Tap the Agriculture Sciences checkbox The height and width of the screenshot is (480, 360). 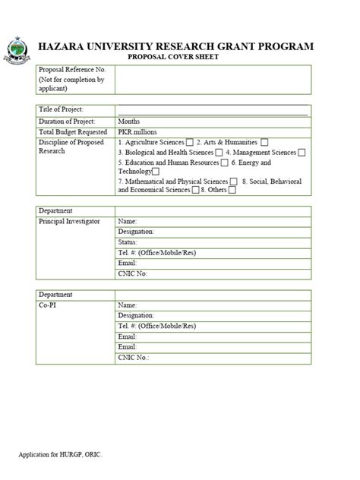(189, 142)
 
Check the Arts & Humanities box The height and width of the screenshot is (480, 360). (264, 142)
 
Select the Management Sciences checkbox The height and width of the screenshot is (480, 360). (302, 153)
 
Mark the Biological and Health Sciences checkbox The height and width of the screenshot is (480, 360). (219, 153)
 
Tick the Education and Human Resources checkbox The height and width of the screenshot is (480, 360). (225, 163)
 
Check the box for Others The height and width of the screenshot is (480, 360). (232, 190)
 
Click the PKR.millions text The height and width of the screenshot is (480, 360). (137, 131)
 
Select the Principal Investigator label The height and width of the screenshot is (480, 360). (69, 221)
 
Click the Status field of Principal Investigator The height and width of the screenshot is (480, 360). (213, 242)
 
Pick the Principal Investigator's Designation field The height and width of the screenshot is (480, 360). (213, 232)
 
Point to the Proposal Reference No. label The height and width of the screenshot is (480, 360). (71, 69)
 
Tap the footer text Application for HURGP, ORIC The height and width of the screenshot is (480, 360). (60, 454)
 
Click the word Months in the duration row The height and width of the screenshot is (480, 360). (129, 121)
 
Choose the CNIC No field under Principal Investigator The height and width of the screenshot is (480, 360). (213, 273)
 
